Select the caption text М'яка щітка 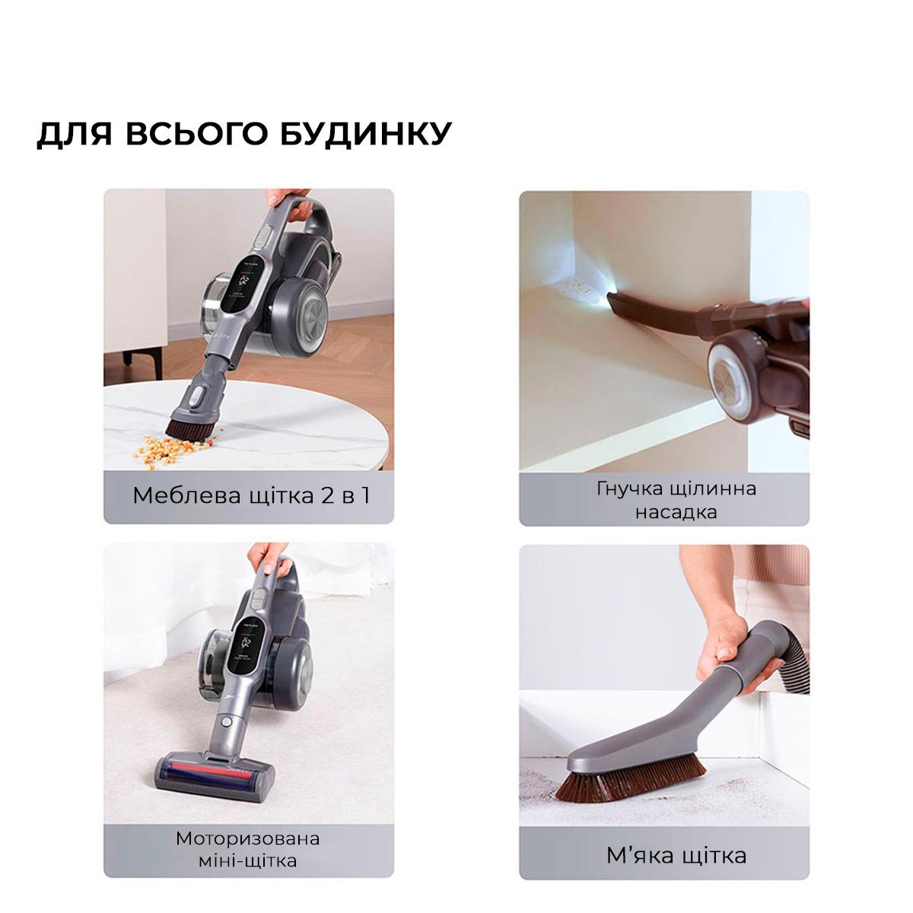pyautogui.click(x=676, y=855)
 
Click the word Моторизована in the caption pyautogui.click(x=248, y=838)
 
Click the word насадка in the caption pyautogui.click(x=676, y=511)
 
